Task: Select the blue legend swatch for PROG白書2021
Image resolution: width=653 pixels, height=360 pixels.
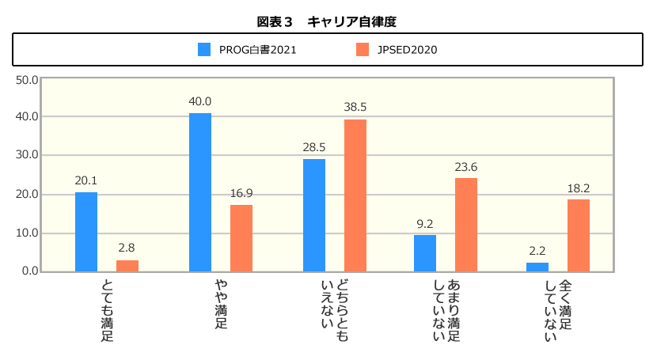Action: tap(204, 49)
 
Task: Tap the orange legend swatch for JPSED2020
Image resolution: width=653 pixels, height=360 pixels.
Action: tap(363, 49)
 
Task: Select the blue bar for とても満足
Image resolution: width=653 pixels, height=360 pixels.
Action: tap(86, 232)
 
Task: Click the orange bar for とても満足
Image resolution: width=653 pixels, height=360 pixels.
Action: tap(127, 266)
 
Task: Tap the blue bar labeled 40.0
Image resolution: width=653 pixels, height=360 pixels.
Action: tap(200, 192)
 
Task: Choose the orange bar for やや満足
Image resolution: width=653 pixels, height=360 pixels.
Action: tap(241, 238)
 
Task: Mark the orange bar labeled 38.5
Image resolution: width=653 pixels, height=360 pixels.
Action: tap(355, 195)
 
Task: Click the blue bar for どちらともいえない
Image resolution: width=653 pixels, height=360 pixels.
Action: tap(314, 215)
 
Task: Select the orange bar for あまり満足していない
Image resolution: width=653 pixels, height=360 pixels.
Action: tap(466, 225)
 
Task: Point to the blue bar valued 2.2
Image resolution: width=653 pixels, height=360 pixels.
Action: tap(537, 267)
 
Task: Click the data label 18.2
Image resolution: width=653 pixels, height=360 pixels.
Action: tap(579, 188)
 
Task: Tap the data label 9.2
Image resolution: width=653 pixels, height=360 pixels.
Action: tap(425, 224)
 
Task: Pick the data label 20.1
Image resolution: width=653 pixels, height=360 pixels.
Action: tap(86, 181)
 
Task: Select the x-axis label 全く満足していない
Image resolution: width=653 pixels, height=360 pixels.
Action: tap(558, 309)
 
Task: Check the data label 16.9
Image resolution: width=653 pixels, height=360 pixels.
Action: tap(241, 194)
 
